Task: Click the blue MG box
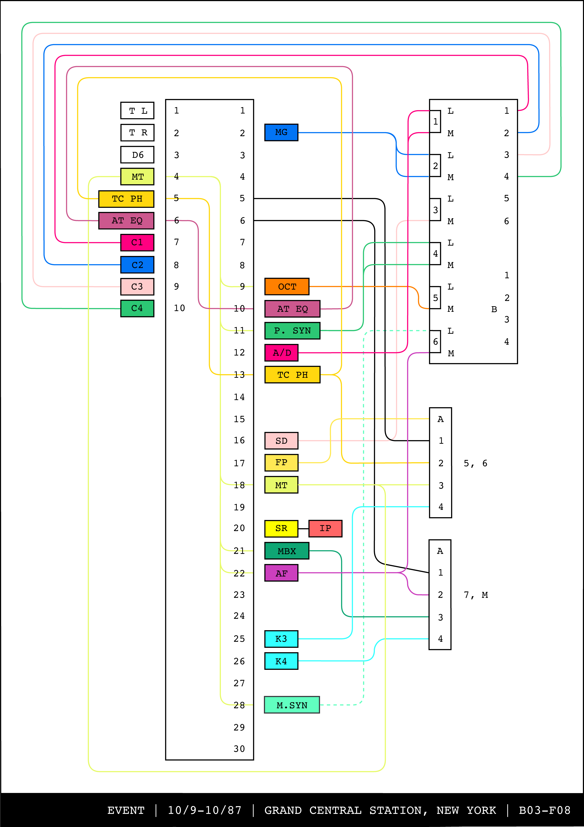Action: tap(281, 133)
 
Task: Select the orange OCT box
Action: tap(287, 287)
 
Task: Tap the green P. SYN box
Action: tap(292, 331)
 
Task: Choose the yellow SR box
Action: tap(281, 528)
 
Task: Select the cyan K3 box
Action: tap(281, 639)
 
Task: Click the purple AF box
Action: tap(281, 573)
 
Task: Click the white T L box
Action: tap(137, 111)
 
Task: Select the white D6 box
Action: tap(137, 155)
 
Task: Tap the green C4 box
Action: tap(137, 308)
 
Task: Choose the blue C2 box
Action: tap(137, 265)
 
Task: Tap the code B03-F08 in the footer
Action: tap(544, 810)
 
